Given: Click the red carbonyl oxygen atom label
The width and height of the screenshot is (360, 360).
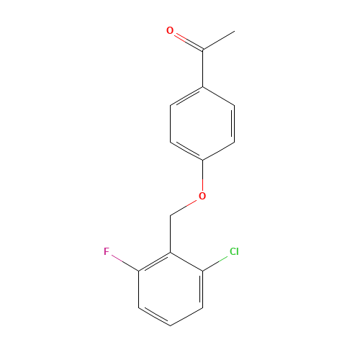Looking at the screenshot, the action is (x=170, y=31).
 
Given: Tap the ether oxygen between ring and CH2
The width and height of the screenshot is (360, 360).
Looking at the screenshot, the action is (x=202, y=196).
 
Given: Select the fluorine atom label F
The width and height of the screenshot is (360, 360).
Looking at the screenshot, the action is (x=107, y=252).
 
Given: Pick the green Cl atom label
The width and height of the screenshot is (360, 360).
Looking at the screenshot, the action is (x=233, y=252).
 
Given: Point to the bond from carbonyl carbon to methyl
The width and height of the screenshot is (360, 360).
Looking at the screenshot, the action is (x=218, y=41).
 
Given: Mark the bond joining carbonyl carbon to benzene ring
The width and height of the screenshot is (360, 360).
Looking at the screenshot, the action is (x=203, y=69).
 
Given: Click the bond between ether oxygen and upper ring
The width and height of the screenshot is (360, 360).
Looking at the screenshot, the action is (x=202, y=178).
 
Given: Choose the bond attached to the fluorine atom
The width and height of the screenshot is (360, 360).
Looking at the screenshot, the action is (x=123, y=261).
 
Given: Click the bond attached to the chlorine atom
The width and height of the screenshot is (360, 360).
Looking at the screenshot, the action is (x=217, y=261).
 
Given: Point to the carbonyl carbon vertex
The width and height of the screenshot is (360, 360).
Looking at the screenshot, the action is (x=203, y=50).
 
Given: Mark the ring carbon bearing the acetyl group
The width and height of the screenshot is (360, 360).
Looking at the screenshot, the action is (x=203, y=88).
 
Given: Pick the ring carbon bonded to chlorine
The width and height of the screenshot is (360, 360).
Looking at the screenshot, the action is (x=202, y=271).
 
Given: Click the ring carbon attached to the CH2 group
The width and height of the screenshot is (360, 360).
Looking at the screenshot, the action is (x=171, y=253).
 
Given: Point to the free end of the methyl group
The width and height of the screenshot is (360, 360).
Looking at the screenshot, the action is (x=234, y=32).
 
